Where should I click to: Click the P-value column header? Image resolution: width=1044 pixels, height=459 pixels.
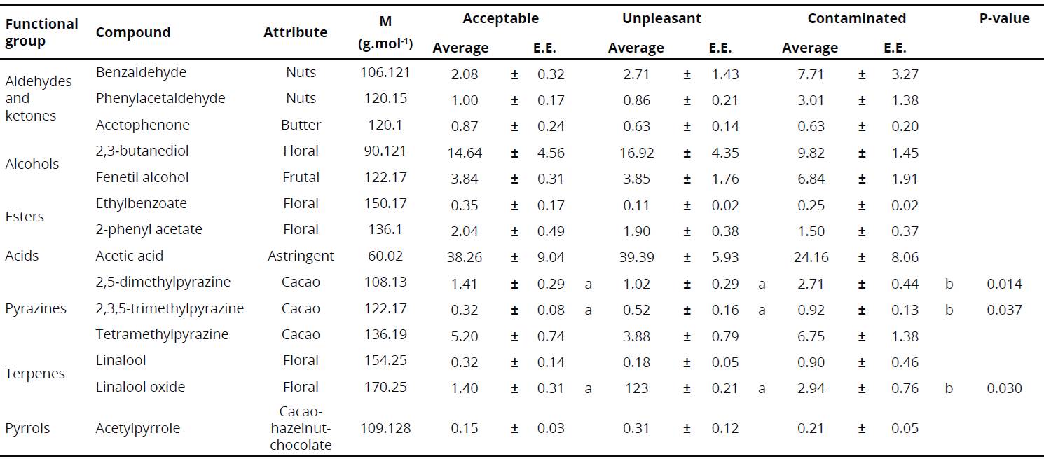1004,19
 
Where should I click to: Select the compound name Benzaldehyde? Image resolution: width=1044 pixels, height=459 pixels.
141,73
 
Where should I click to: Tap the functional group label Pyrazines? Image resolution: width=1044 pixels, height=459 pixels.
36,309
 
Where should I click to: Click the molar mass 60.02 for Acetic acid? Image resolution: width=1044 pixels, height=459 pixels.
385,256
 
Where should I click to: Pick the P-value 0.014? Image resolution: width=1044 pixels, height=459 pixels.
1004,284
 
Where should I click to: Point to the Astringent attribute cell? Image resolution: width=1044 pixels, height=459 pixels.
301,256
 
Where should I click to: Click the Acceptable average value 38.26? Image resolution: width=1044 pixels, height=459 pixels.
465,258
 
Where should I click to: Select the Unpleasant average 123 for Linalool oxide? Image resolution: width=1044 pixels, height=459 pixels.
636,388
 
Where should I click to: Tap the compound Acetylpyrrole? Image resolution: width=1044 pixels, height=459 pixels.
137,428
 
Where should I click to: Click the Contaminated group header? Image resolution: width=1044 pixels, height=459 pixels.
856,19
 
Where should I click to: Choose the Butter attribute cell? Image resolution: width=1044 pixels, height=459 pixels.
301,125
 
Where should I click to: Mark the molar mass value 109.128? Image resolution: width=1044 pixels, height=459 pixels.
385,428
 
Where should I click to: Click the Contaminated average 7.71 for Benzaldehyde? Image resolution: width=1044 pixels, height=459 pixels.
811,74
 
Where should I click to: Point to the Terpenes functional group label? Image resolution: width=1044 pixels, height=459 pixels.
34,374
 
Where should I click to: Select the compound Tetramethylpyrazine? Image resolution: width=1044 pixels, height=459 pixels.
162,335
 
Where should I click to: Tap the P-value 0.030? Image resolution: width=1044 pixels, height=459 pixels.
1004,388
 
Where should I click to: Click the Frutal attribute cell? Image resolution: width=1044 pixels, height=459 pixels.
301,177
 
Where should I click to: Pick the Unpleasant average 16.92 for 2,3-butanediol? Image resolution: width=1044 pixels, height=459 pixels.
636,153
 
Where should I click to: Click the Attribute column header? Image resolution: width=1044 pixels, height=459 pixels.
295,32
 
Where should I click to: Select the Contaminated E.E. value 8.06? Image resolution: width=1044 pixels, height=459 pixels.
905,258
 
